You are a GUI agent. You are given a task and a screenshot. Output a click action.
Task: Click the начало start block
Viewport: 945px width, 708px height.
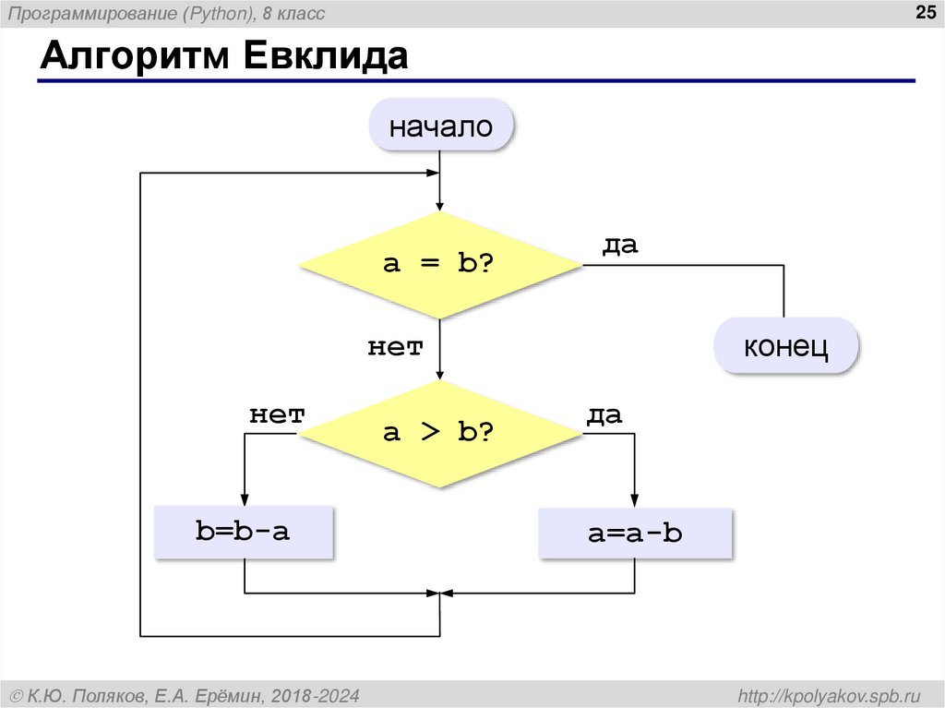(440, 126)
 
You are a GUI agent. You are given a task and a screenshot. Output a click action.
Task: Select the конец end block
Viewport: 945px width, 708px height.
(787, 347)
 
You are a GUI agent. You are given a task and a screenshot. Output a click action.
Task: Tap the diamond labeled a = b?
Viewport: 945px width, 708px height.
(440, 265)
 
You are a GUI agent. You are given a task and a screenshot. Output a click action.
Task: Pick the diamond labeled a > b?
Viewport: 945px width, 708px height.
(440, 432)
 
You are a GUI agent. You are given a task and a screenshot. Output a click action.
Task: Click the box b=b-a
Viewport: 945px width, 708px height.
(243, 531)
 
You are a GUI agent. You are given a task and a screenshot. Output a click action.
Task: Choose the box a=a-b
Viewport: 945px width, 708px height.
(636, 533)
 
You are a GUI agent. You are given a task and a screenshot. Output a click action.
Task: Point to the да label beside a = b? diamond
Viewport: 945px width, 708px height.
(620, 246)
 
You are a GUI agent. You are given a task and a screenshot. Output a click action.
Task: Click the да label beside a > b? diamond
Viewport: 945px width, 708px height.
(604, 414)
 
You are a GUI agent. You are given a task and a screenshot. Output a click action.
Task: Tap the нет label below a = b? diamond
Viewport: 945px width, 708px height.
(396, 347)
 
